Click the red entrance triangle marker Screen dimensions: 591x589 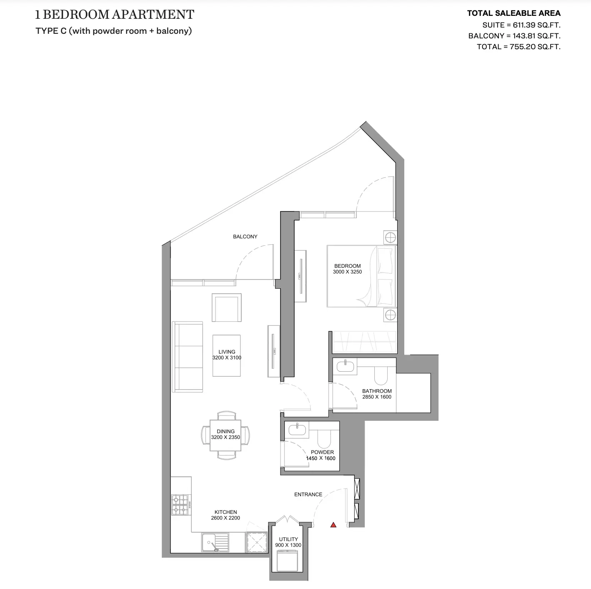click(333, 525)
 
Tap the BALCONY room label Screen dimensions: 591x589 click(245, 237)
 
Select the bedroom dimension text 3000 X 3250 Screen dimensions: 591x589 click(347, 272)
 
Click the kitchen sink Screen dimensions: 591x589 click(215, 542)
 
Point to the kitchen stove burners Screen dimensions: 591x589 click(180, 505)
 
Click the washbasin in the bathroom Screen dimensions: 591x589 click(346, 366)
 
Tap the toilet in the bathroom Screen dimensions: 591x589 click(381, 375)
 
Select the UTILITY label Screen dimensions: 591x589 click(288, 539)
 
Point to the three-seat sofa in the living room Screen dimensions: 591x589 click(188, 357)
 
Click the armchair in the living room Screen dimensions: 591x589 click(226, 307)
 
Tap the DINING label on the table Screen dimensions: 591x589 click(225, 431)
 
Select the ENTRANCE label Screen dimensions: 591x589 click(308, 494)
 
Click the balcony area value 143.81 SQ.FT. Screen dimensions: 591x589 click(536, 36)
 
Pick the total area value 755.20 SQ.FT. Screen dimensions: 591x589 click(535, 47)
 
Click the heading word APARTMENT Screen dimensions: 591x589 click(153, 15)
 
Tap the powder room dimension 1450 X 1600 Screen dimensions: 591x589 click(321, 458)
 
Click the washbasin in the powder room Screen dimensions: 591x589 click(297, 429)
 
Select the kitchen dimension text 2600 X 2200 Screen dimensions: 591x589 click(225, 518)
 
